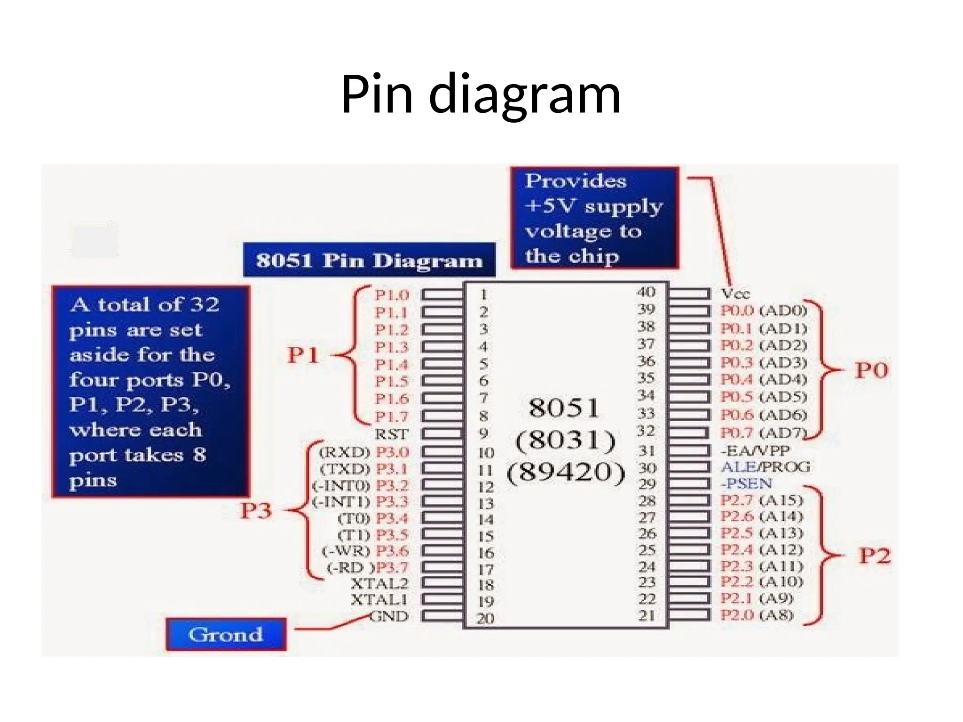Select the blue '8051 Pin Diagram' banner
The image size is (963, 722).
coord(369,260)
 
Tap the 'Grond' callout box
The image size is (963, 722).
coord(226,635)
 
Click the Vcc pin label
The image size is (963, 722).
coord(735,294)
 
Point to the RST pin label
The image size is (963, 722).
coord(391,434)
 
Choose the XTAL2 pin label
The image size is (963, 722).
coord(379,584)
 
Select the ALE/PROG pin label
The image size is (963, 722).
coord(766,467)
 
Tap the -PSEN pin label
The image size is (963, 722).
coord(746,484)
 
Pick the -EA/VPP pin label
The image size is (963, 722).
coord(755,451)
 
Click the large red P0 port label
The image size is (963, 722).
coord(871,370)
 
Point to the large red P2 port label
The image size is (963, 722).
coord(874,556)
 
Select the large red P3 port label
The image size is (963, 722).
coord(256,510)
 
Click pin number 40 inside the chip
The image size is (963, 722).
coord(646,292)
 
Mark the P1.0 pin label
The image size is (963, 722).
coord(392,295)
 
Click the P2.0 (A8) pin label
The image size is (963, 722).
coord(757,615)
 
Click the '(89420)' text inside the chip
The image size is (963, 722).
coord(566,472)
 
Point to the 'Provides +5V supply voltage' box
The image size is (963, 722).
coord(594,218)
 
